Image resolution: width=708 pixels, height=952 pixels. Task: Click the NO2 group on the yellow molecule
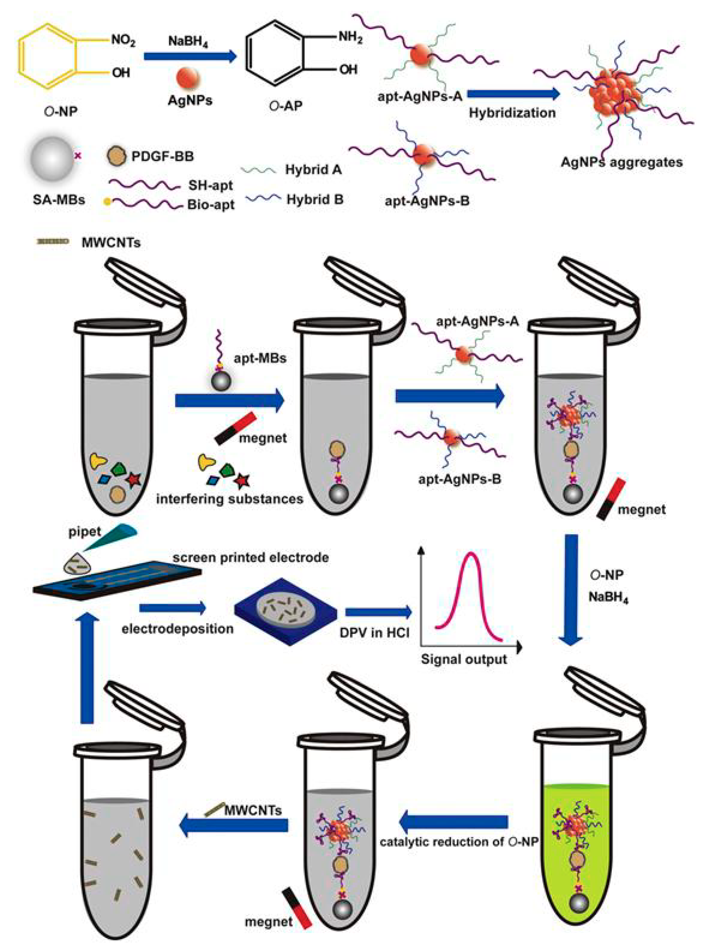click(x=123, y=41)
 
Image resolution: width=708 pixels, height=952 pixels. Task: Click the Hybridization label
click(x=512, y=113)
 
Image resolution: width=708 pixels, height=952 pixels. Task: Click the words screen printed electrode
click(x=251, y=557)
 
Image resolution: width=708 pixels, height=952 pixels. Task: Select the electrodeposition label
click(x=178, y=629)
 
